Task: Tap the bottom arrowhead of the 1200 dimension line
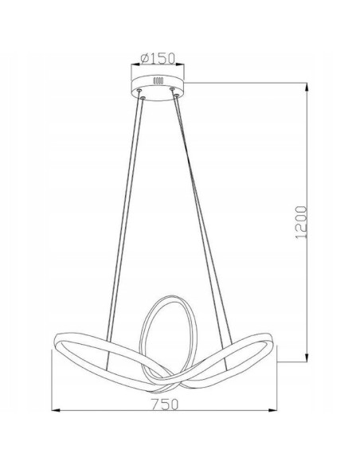point(307,358)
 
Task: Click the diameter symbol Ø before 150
point(144,57)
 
